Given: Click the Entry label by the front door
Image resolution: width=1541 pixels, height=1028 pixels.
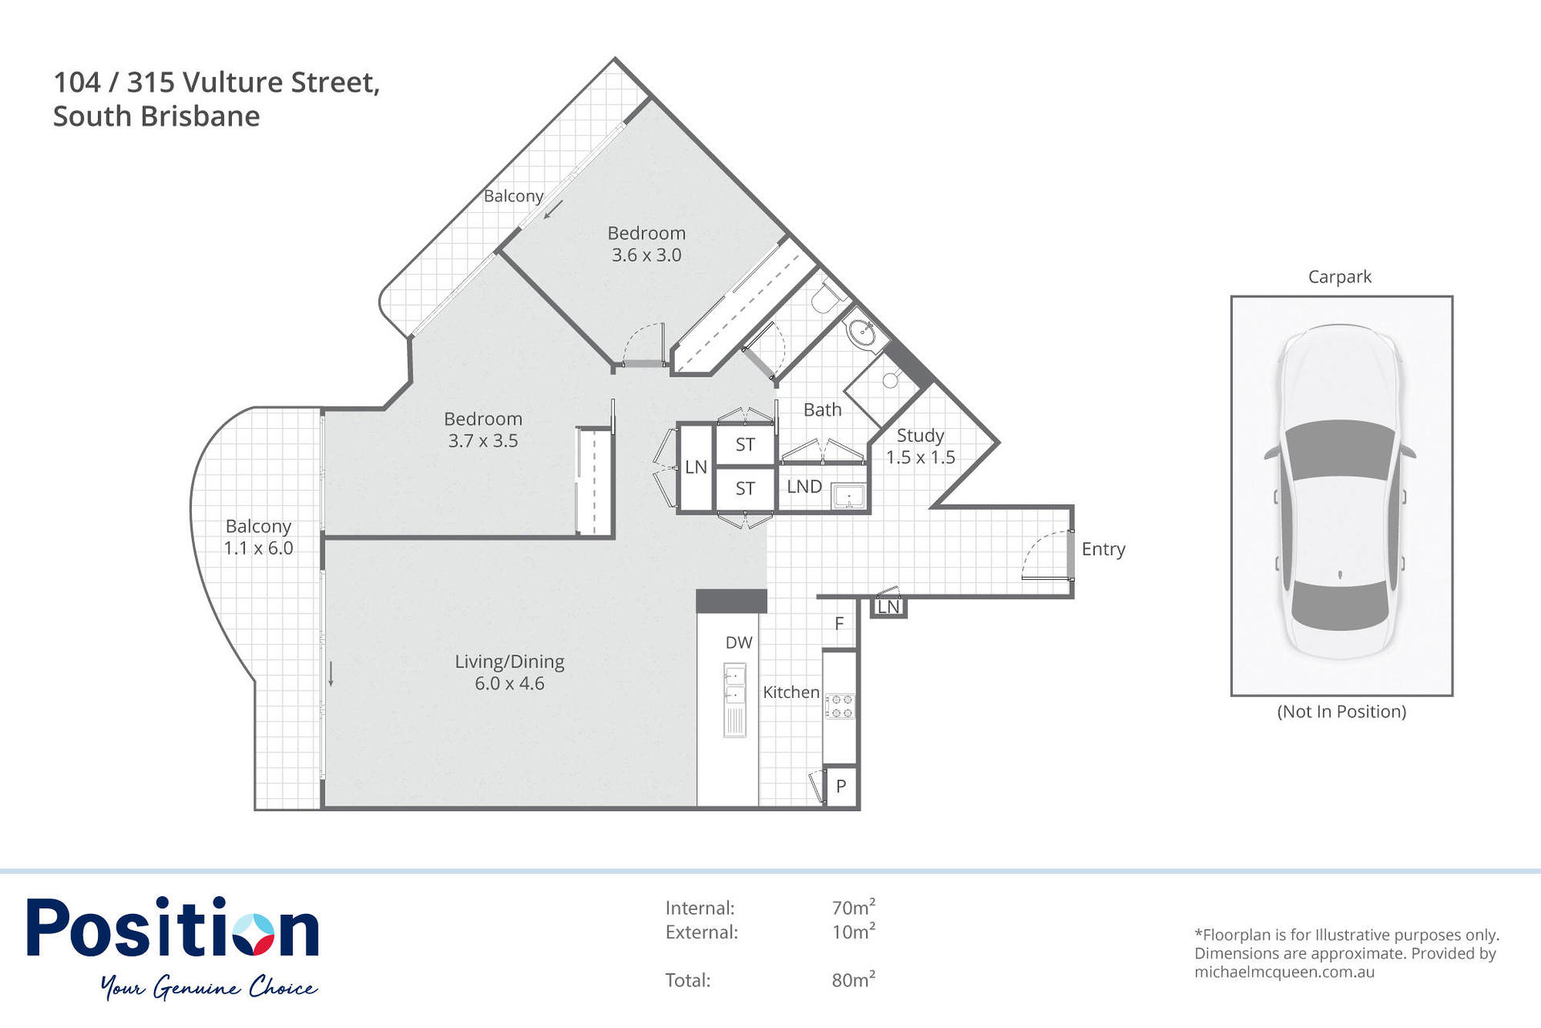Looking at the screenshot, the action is click(x=1103, y=549).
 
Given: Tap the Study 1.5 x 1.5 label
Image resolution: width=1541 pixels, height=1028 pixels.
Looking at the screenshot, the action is click(x=921, y=447).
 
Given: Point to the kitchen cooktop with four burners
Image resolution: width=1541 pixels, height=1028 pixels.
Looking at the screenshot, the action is click(x=840, y=706).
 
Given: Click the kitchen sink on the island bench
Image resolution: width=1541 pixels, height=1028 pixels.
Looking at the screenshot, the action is click(x=734, y=685).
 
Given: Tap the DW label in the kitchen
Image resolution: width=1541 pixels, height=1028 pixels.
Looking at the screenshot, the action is click(x=738, y=642).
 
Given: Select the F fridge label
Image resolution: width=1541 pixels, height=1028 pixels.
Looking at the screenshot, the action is click(x=840, y=623).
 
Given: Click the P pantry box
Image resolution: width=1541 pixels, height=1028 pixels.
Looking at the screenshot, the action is click(x=841, y=786).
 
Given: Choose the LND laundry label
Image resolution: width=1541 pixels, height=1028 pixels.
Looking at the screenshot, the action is click(x=804, y=487).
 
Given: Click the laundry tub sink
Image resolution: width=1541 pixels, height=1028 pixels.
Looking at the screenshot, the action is click(x=848, y=496).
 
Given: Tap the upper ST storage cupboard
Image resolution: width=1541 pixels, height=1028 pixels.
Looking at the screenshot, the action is click(x=746, y=444).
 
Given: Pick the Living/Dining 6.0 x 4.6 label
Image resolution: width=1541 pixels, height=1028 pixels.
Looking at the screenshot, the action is click(x=510, y=672).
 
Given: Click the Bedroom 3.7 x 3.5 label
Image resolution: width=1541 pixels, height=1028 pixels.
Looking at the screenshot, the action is click(x=483, y=430).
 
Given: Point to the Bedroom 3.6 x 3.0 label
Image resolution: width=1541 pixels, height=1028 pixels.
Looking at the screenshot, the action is click(x=647, y=244).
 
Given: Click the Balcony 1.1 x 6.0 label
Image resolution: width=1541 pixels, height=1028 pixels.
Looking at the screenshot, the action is click(x=258, y=537).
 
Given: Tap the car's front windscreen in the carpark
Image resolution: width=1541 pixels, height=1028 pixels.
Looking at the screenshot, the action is click(x=1340, y=450).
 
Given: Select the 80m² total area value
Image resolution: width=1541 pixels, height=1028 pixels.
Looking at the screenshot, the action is click(x=853, y=979).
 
